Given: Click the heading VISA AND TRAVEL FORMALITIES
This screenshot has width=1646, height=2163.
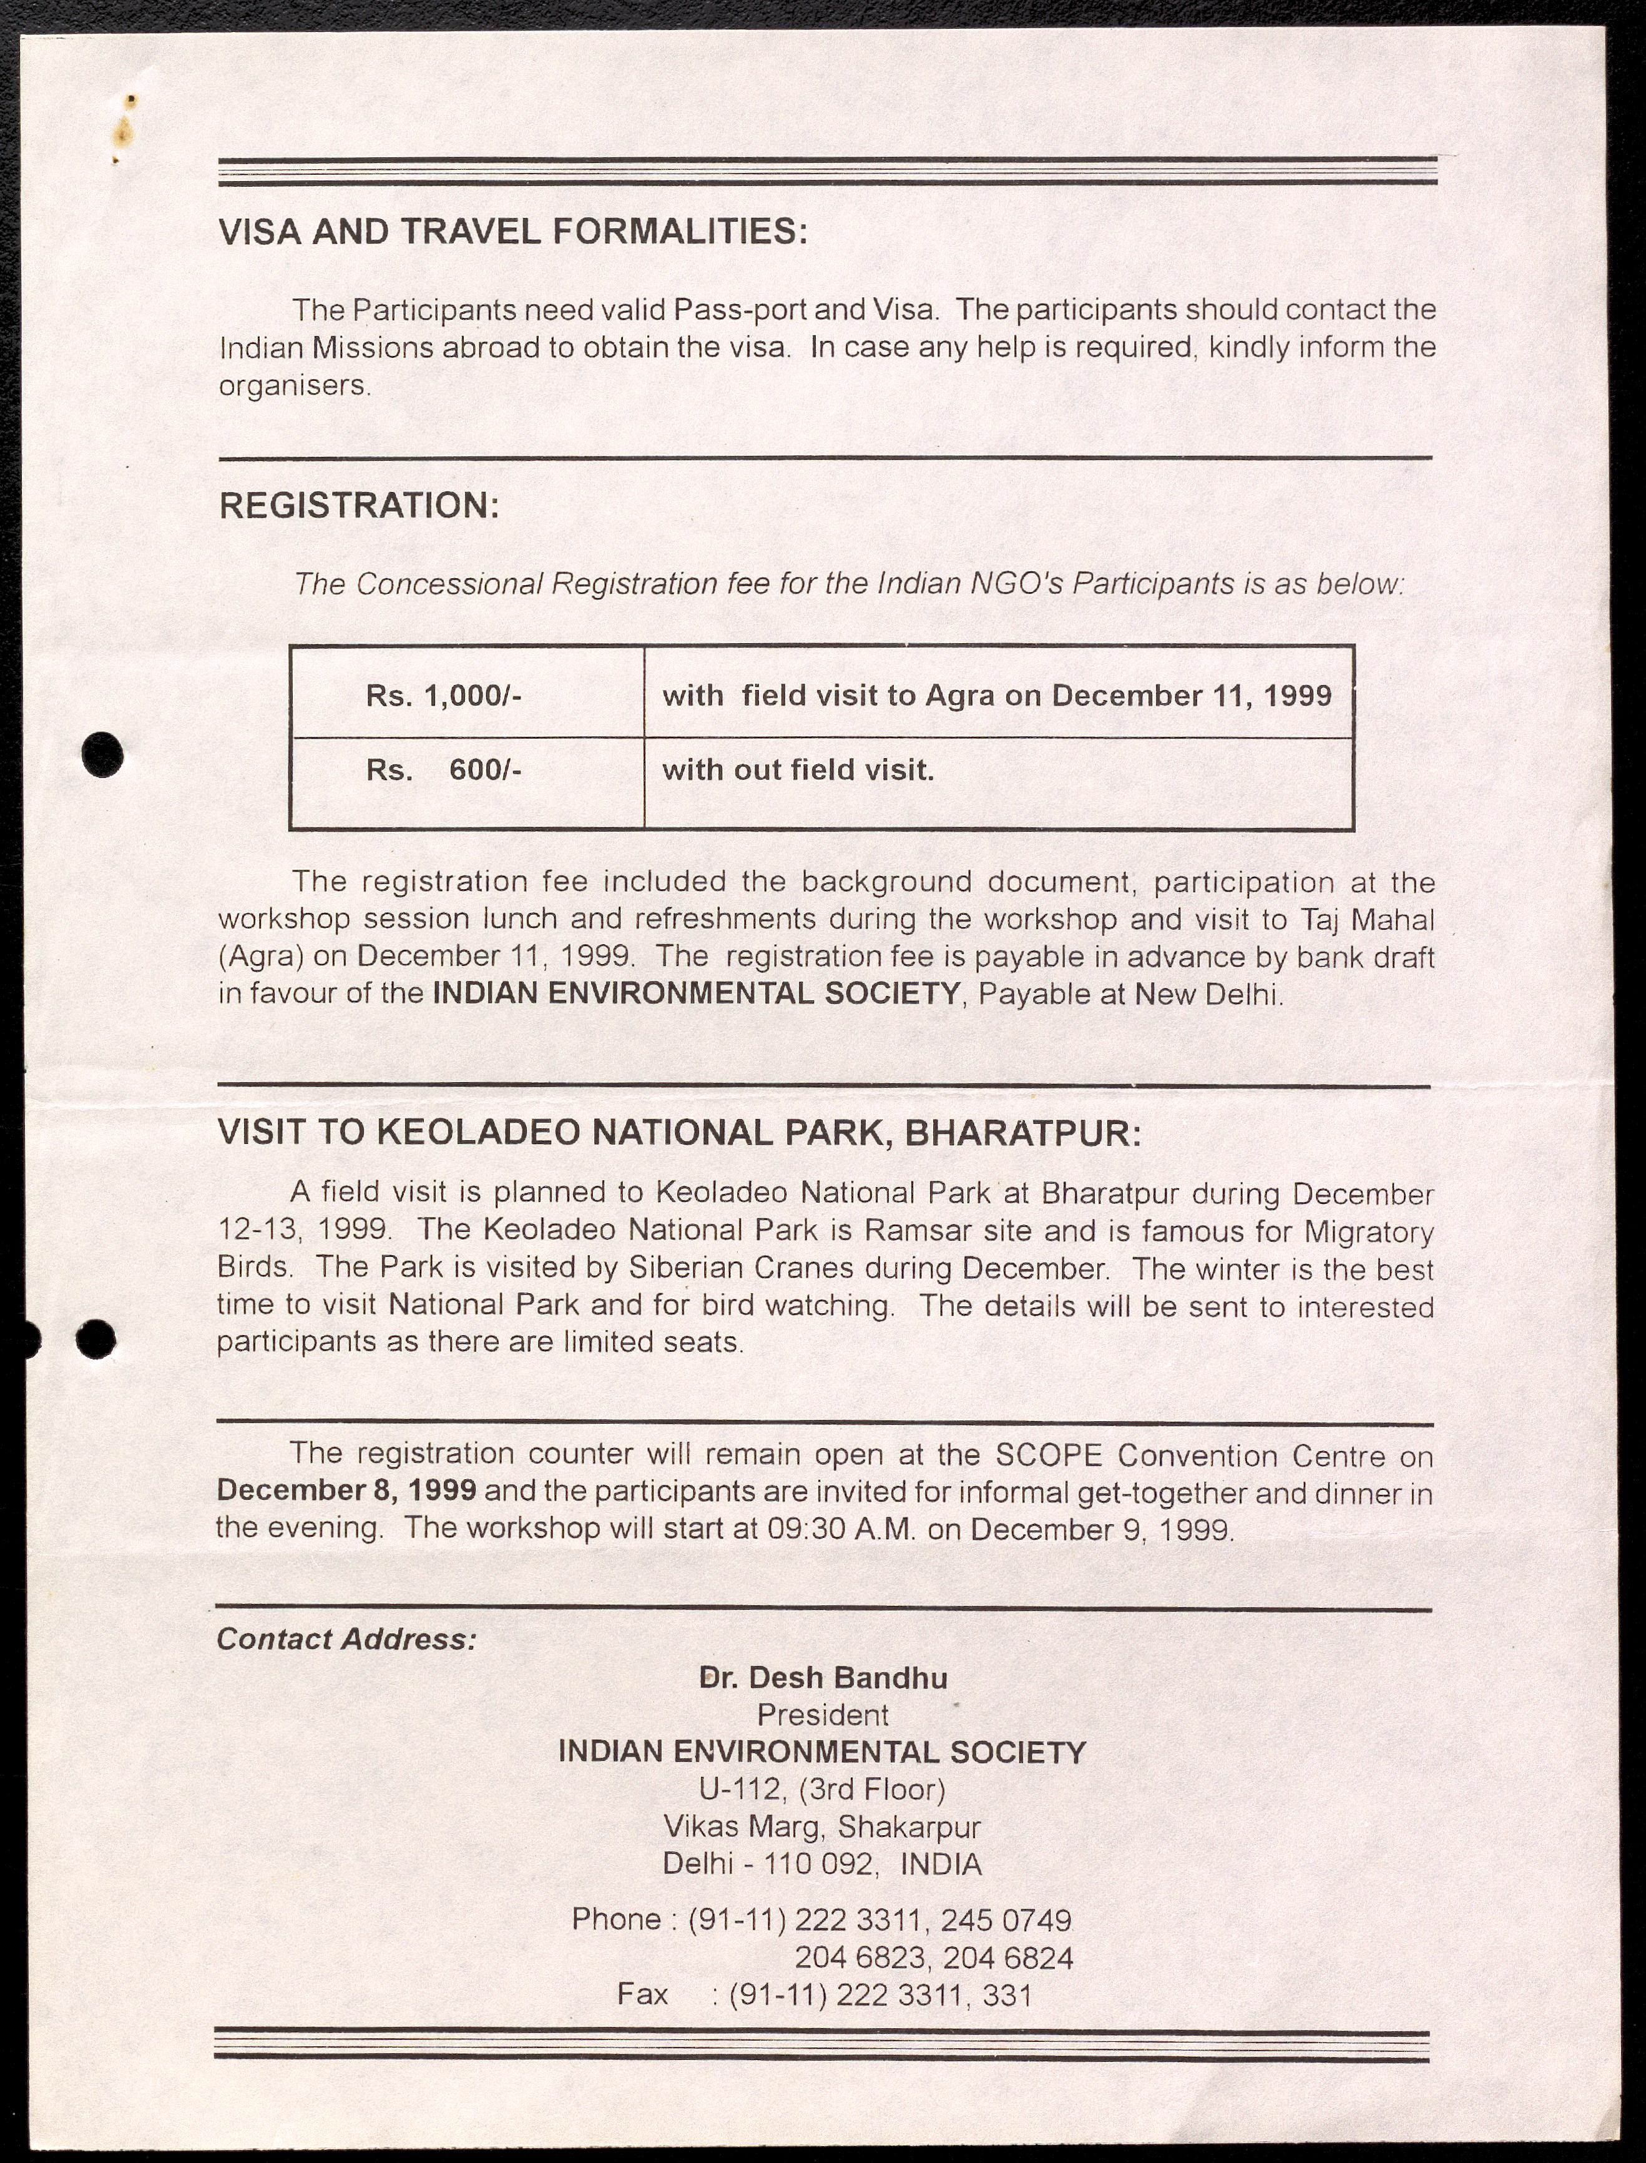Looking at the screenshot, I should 512,232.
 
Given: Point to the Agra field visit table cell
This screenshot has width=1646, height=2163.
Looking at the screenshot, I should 996,696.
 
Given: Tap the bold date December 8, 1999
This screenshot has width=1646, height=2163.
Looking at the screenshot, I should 346,1490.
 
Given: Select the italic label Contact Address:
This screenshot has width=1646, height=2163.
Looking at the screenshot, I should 346,1640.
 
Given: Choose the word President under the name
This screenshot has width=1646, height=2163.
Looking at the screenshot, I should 823,1716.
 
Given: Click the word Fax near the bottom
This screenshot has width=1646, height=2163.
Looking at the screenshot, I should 643,1994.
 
